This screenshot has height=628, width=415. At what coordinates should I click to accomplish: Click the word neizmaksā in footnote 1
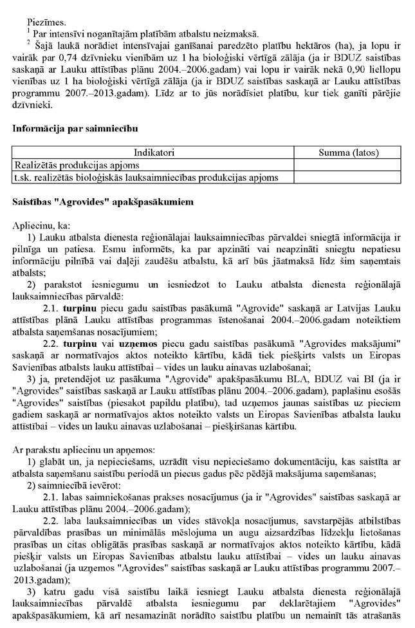click(x=237, y=33)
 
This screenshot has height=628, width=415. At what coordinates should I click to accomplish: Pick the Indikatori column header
click(x=154, y=153)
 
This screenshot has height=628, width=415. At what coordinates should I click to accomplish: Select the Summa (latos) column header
click(x=349, y=153)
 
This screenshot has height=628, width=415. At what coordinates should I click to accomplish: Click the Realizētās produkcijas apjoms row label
click(x=69, y=165)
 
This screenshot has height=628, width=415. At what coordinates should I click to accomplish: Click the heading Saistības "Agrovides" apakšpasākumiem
click(x=102, y=202)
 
